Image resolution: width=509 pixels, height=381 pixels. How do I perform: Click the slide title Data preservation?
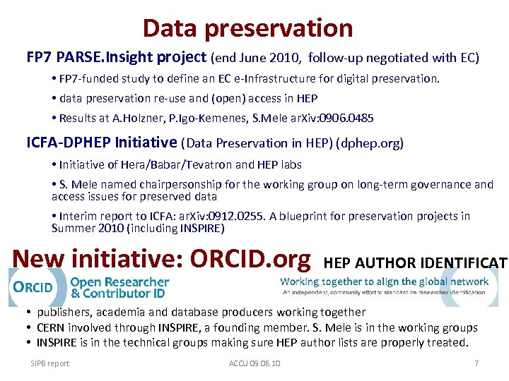point(247,28)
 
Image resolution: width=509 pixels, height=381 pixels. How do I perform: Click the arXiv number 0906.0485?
point(347,118)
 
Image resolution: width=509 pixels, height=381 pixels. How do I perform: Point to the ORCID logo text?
point(33,287)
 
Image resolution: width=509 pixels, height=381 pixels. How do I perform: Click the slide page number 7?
point(477,363)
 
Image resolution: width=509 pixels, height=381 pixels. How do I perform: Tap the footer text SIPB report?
point(49,363)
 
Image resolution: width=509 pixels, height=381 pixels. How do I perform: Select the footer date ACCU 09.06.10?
point(255,363)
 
